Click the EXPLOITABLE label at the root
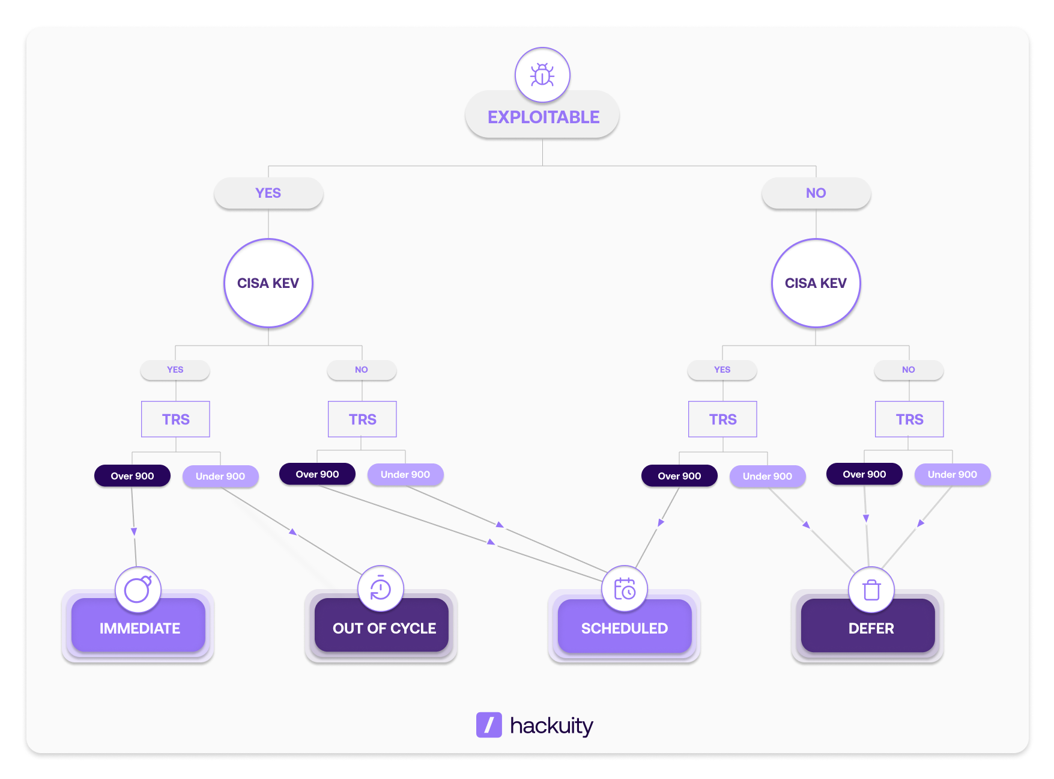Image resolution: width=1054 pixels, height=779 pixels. (543, 117)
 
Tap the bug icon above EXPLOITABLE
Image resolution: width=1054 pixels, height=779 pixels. (542, 75)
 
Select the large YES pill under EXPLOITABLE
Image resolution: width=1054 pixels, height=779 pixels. (268, 193)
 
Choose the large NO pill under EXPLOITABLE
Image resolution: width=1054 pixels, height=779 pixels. (816, 193)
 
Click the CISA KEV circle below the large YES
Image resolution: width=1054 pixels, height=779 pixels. (268, 283)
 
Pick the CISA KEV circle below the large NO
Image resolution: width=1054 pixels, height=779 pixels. (816, 283)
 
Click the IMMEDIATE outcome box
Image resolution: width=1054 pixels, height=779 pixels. (139, 628)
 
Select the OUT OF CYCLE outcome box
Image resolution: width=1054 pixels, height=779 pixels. (384, 628)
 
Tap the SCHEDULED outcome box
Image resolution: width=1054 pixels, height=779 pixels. (624, 628)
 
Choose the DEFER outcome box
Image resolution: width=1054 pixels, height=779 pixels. (871, 628)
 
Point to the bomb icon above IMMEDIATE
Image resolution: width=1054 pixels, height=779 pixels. (138, 589)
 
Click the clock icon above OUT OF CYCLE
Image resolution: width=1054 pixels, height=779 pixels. (381, 588)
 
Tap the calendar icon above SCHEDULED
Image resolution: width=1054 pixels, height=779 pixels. (625, 588)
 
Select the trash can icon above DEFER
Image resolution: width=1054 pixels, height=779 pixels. (871, 590)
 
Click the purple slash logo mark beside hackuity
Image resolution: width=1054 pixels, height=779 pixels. (489, 725)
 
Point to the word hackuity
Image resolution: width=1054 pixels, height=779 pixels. (551, 726)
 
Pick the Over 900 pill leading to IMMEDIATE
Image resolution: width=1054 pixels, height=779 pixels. (132, 476)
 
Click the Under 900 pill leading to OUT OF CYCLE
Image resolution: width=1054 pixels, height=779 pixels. (220, 476)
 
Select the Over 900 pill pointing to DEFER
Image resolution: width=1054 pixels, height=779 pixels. (864, 474)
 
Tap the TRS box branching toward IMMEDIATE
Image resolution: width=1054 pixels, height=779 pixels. (175, 419)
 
